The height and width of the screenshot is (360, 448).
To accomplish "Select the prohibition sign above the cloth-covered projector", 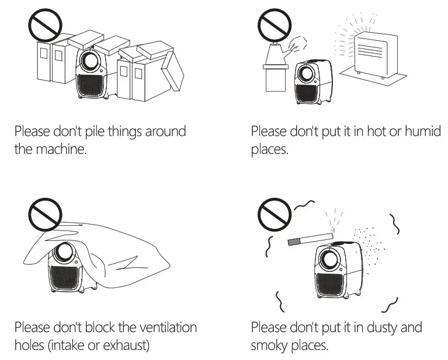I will click(44, 216).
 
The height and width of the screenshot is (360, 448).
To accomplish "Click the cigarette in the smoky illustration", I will click(310, 238).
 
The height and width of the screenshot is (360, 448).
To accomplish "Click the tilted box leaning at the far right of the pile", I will click(173, 71).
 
